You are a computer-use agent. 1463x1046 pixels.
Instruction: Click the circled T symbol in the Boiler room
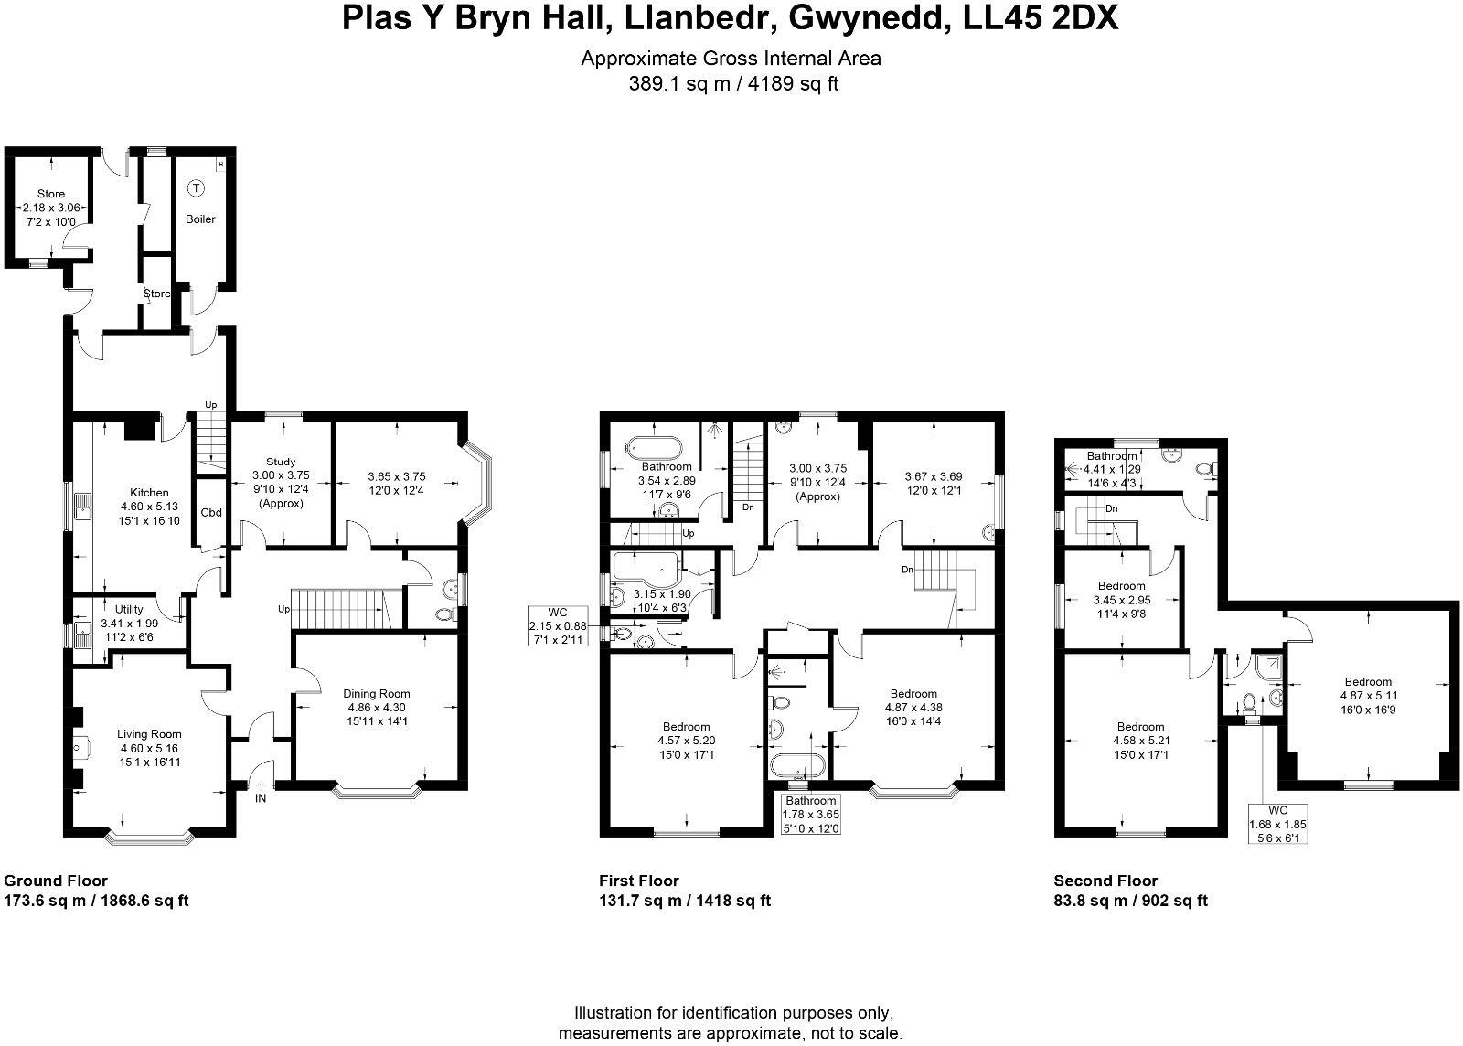(x=195, y=188)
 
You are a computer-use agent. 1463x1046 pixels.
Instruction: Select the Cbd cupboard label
(x=211, y=512)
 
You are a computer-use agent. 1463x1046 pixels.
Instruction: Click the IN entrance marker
(x=261, y=798)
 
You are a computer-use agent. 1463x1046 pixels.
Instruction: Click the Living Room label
(x=149, y=733)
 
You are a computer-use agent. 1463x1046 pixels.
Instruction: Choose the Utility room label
(x=129, y=608)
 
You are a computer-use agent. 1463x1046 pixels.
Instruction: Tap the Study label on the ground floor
(x=281, y=462)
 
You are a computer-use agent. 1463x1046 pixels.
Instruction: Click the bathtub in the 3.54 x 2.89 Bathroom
(x=653, y=448)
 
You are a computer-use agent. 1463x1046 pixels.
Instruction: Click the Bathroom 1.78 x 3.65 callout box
(x=810, y=814)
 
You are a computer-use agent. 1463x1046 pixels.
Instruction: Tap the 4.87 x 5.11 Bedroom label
(x=1367, y=681)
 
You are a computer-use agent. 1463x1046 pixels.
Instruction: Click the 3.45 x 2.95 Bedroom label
(x=1121, y=586)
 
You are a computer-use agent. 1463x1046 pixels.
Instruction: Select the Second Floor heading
(x=1105, y=881)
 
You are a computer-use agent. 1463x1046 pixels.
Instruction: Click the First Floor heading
(x=639, y=881)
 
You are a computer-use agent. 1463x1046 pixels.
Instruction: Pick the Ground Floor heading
(x=56, y=881)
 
